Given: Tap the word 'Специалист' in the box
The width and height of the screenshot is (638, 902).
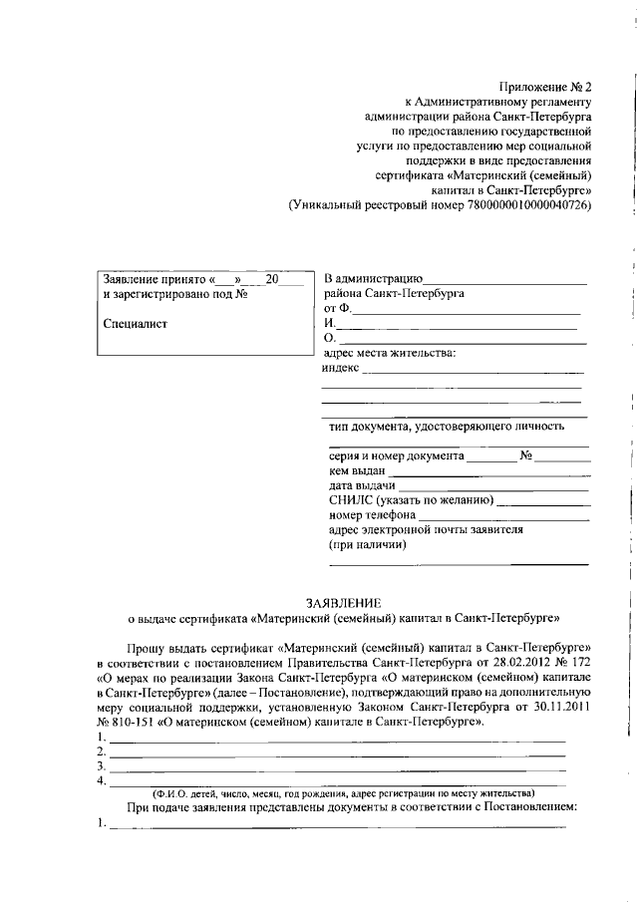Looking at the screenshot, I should point(136,323).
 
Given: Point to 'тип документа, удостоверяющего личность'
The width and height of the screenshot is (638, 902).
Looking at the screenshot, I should point(447,427).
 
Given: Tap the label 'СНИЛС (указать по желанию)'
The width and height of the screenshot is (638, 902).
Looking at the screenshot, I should point(410,500).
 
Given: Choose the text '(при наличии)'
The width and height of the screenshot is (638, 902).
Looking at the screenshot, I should point(367,545).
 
